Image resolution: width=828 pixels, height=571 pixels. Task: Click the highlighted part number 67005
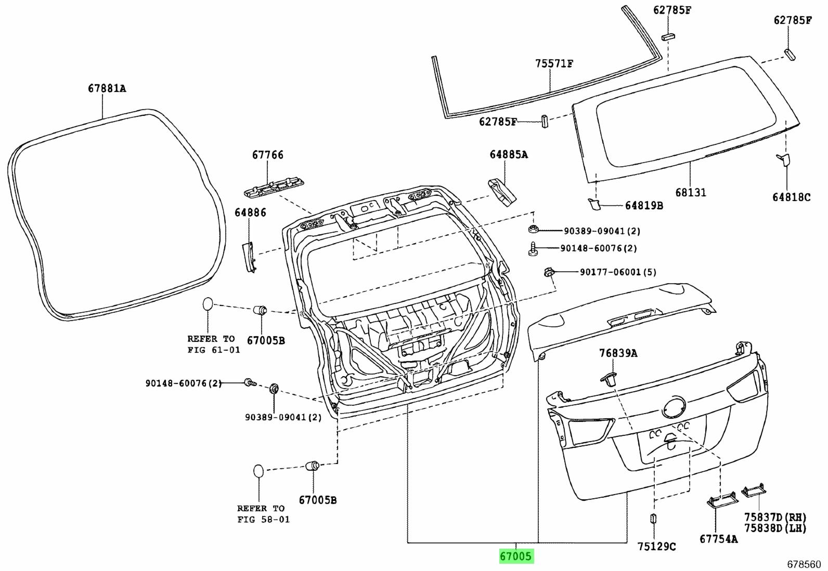pyautogui.click(x=516, y=556)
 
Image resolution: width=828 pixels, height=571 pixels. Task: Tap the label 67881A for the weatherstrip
pyautogui.click(x=107, y=88)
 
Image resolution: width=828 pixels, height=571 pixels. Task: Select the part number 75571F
pyautogui.click(x=554, y=64)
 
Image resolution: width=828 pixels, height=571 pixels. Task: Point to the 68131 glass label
pyautogui.click(x=691, y=192)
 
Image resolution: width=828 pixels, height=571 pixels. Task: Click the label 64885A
pyautogui.click(x=508, y=154)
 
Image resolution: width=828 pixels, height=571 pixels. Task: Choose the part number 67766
pyautogui.click(x=268, y=154)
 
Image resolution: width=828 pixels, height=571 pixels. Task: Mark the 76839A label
pyautogui.click(x=618, y=353)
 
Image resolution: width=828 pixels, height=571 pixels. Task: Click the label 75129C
pyautogui.click(x=656, y=546)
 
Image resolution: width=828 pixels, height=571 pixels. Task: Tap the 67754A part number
pyautogui.click(x=718, y=539)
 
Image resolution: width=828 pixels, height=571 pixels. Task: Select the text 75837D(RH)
pyautogui.click(x=774, y=517)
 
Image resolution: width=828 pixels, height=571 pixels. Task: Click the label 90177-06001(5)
pyautogui.click(x=618, y=272)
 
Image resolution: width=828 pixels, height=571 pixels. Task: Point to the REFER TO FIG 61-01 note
pyautogui.click(x=213, y=344)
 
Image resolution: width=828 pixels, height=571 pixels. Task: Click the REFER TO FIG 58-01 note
pyautogui.click(x=263, y=514)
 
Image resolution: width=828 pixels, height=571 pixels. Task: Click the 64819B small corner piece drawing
pyautogui.click(x=593, y=204)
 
